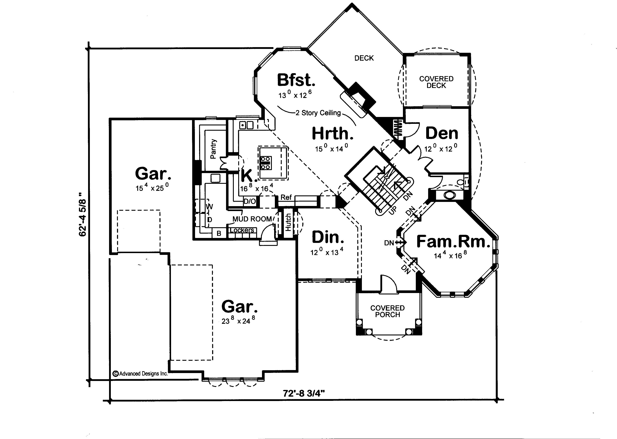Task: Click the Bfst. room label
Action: pyautogui.click(x=296, y=80)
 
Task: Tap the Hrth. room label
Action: pyautogui.click(x=332, y=133)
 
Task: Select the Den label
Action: pyautogui.click(x=442, y=133)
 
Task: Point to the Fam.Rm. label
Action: pyautogui.click(x=453, y=242)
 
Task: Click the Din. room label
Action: pyautogui.click(x=328, y=237)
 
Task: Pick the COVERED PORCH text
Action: pyautogui.click(x=387, y=311)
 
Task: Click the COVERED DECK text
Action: pyautogui.click(x=436, y=82)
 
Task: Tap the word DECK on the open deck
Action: pyautogui.click(x=364, y=58)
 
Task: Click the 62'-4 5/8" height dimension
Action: pyautogui.click(x=83, y=214)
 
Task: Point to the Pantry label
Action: pyautogui.click(x=213, y=149)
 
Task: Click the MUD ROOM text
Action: pyautogui.click(x=252, y=219)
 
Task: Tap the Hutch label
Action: pyautogui.click(x=288, y=222)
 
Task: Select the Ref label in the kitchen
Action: pyautogui.click(x=286, y=197)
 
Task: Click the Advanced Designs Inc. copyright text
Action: pyautogui.click(x=140, y=374)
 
